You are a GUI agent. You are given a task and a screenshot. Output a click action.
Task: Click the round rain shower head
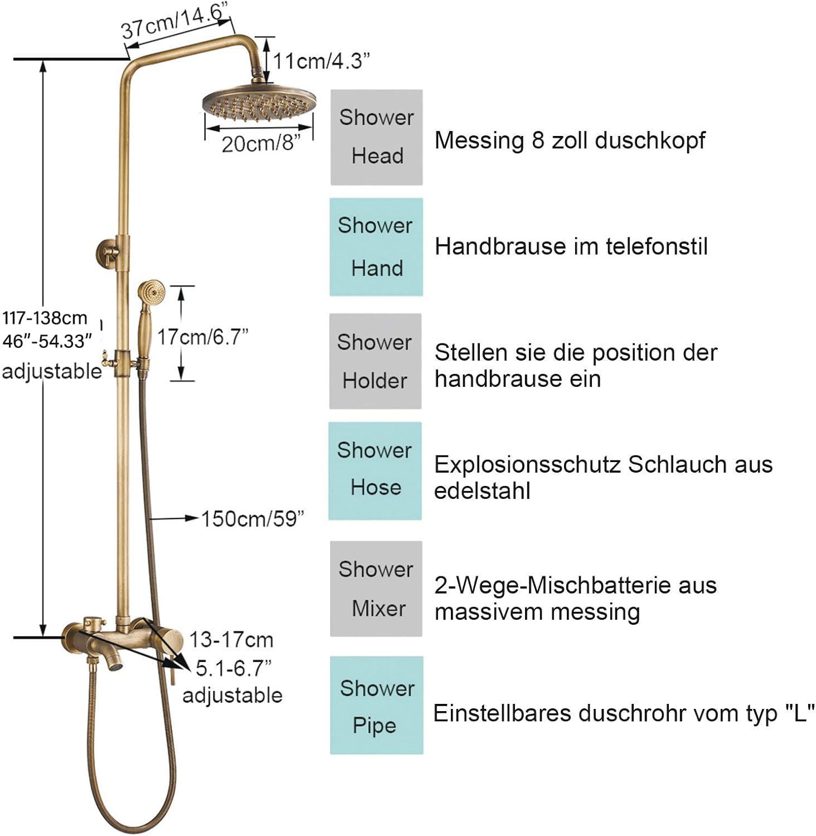coord(259,104)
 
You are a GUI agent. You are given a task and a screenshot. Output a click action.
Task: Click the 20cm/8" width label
coord(261,143)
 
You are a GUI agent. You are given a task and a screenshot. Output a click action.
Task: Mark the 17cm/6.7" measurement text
coord(202,337)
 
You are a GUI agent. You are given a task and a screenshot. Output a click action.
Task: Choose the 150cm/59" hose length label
coord(252,518)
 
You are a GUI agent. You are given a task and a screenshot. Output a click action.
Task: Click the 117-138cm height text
coord(45,318)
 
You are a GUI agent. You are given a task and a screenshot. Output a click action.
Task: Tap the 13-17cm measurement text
coord(231,639)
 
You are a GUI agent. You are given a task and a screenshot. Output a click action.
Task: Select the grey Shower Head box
coord(376,137)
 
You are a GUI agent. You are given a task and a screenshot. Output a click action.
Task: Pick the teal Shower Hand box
coord(376,247)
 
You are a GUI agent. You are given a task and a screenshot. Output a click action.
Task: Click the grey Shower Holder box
coord(375,361)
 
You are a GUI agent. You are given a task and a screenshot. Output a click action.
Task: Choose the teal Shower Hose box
coord(375,471)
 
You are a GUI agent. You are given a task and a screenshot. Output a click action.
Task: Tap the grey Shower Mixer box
coord(376,589)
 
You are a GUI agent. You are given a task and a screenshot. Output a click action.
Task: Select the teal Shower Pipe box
coord(376,705)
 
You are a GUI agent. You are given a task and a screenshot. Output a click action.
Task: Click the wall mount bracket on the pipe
coord(109,252)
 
